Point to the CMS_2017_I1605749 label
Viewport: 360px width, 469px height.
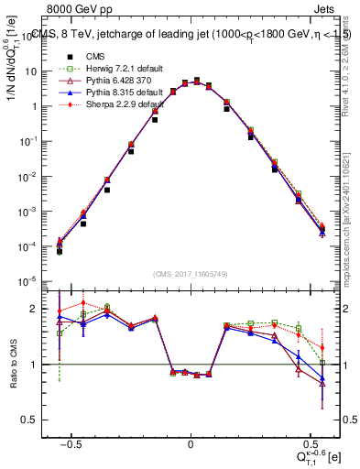[x=191, y=276]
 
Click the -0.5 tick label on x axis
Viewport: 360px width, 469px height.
[x=73, y=443]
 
